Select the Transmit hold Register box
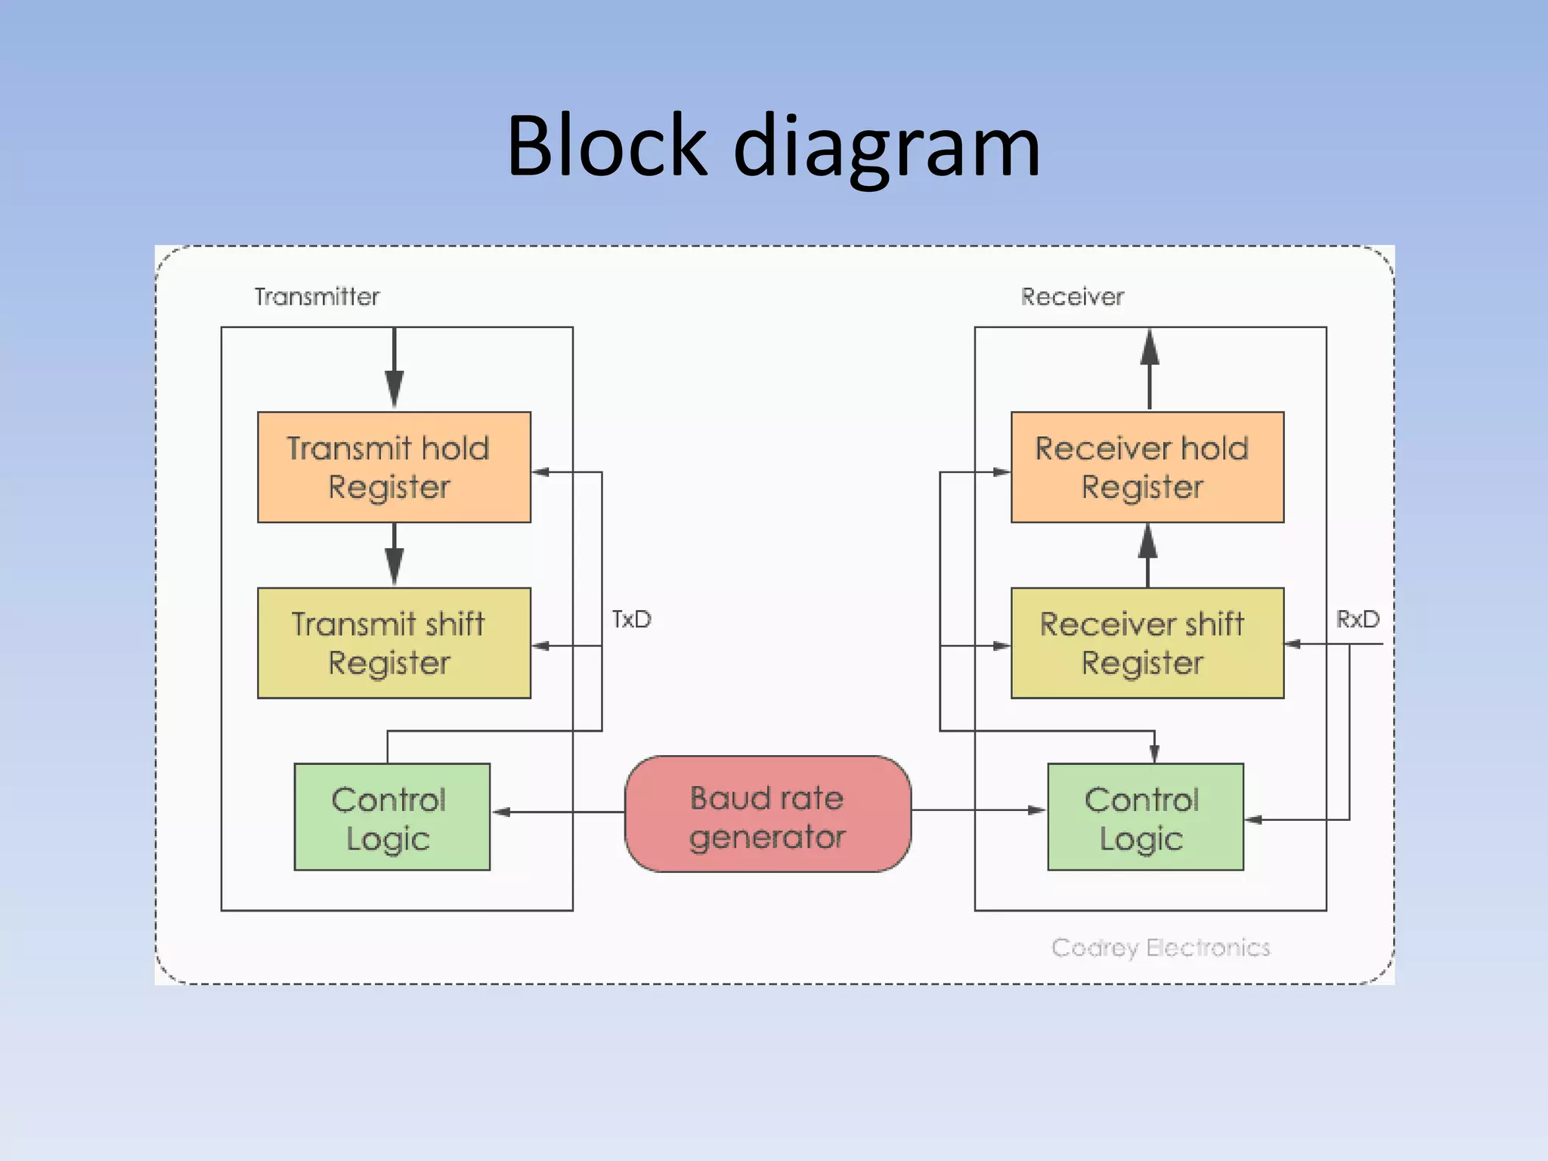394,467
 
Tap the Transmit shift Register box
394,643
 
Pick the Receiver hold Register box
1147,467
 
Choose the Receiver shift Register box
1147,643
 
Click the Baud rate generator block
767,815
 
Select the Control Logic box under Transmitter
392,817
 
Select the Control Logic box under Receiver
1145,817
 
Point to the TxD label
631,620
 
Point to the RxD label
1358,620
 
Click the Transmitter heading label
317,297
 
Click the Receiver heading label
1072,297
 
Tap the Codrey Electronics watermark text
1160,948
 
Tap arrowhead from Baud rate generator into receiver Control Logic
1036,810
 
